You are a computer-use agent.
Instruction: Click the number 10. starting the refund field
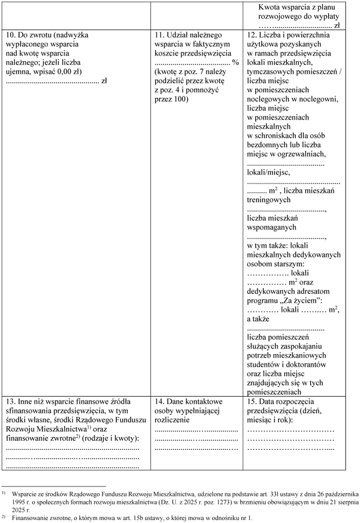(x=10, y=35)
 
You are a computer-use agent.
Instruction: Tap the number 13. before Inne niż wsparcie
(x=10, y=401)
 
